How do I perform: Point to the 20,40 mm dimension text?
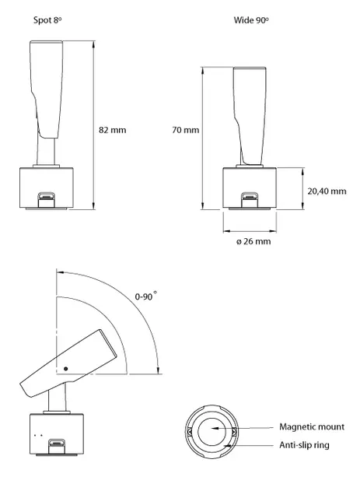[x=327, y=191]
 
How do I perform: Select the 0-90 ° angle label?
[x=145, y=296]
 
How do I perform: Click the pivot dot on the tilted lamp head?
[x=65, y=369]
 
